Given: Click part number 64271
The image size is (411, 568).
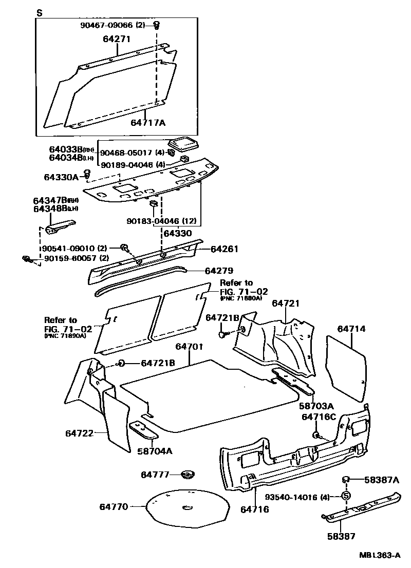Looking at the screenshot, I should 117,39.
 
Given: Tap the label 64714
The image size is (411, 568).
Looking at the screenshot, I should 352,328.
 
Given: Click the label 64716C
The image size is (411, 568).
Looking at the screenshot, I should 319,416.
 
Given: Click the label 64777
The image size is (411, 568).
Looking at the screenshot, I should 155,474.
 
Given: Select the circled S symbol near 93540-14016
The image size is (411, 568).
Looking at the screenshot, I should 346,496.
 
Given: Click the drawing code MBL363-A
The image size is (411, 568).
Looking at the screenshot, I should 380,555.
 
